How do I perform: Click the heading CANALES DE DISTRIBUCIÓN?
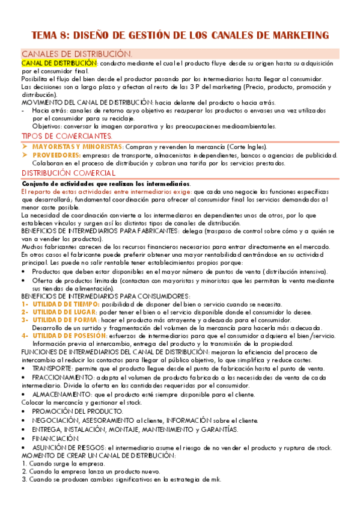76,54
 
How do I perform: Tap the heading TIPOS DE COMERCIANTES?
75,137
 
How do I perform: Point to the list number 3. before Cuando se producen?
23,480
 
